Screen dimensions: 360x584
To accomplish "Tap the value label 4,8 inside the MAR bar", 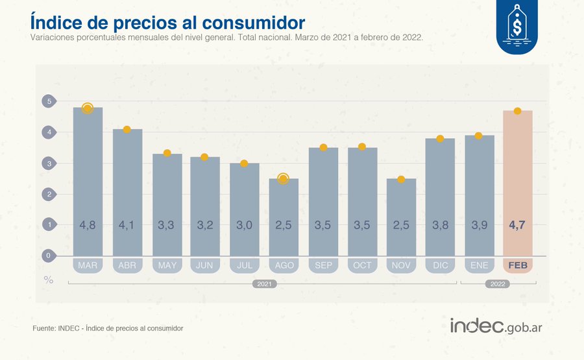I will pos(88,225).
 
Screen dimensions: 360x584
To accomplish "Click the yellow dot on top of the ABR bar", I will pos(127,130).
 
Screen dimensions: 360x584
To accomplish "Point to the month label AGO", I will pos(283,265).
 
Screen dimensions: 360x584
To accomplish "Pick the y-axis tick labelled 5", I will pos(48,101).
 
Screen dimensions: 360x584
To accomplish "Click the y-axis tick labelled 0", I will pos(48,256).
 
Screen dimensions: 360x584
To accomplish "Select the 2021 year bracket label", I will pos(263,284).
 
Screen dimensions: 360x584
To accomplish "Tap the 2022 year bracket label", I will pos(498,284).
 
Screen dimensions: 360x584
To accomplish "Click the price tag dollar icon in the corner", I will pos(517,26).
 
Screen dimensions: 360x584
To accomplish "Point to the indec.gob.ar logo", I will pos(496,326).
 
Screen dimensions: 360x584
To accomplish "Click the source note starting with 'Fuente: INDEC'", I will pos(108,329).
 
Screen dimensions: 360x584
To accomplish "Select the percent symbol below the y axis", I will pos(48,280).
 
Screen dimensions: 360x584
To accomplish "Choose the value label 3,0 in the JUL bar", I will pos(244,225).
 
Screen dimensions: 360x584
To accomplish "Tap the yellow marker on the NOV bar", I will pos(401,179).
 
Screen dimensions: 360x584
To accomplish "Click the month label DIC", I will pos(440,265).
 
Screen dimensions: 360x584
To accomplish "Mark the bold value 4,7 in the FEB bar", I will pos(517,225).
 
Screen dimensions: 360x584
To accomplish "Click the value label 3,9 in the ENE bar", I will pos(479,225).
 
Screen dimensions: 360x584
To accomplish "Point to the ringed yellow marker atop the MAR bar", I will pos(88,108).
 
